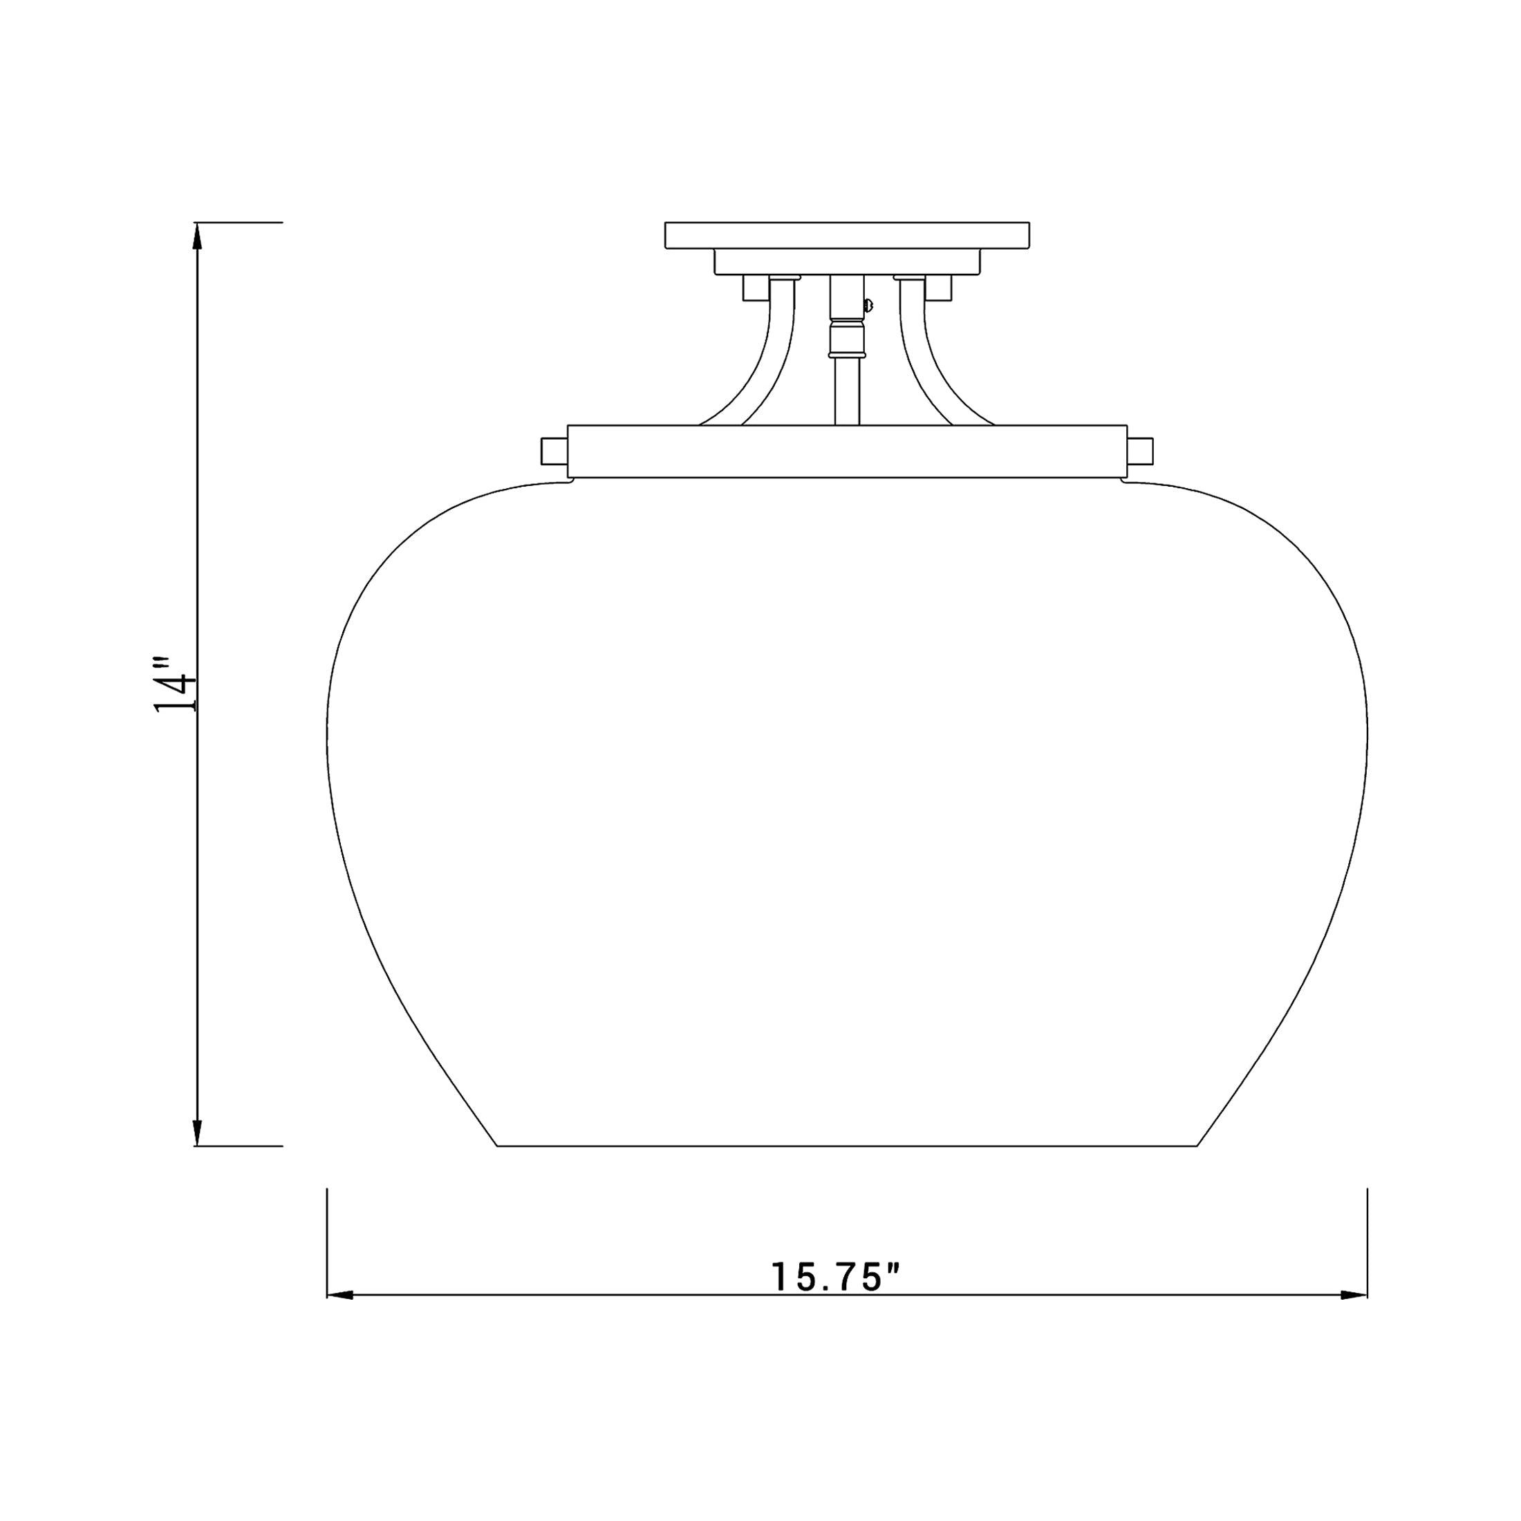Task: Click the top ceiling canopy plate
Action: (847, 235)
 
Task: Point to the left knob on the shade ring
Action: (554, 451)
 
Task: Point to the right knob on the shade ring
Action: (1141, 451)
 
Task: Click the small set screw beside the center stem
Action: (868, 304)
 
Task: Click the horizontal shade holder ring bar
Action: (847, 451)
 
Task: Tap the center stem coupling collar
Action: (846, 336)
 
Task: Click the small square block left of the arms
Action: (756, 288)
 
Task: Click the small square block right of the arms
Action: (938, 288)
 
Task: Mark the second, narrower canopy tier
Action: (847, 261)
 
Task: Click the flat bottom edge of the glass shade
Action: (847, 1146)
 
